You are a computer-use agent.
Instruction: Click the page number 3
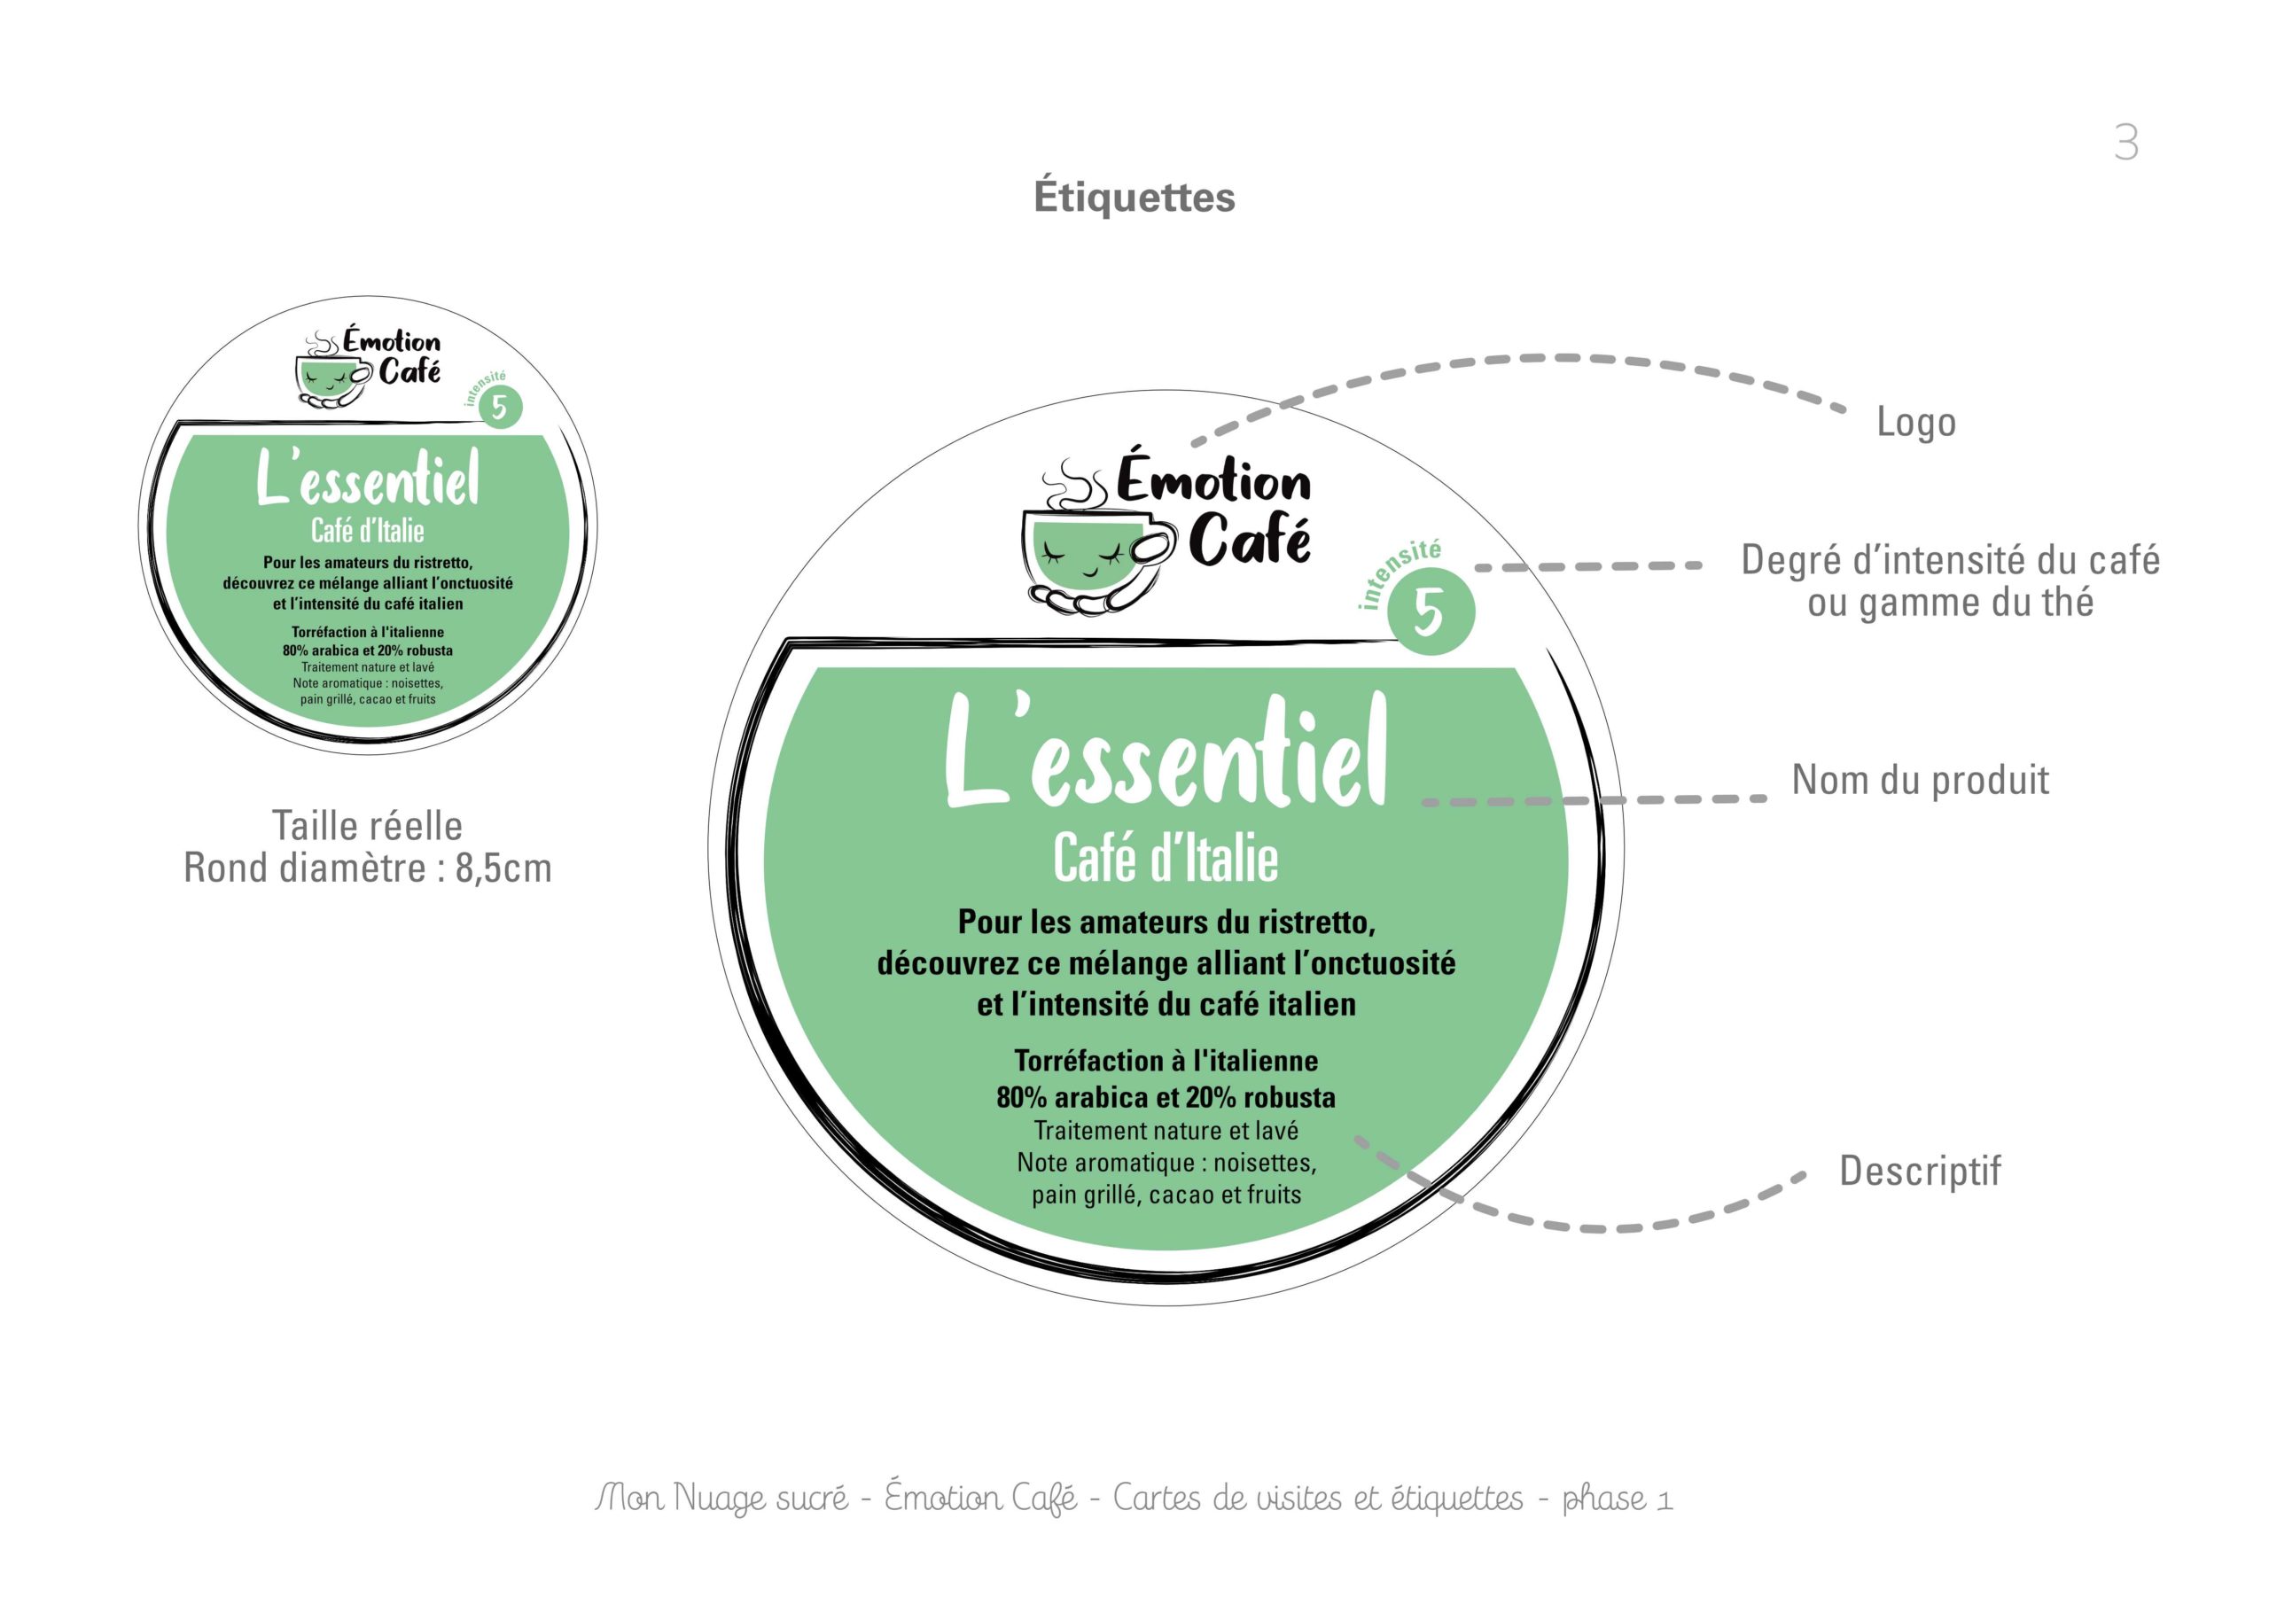pos(2126,144)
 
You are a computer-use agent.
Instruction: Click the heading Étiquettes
pos(1134,197)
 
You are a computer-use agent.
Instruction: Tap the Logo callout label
pos(1916,422)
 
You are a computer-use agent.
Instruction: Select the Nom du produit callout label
pos(1920,780)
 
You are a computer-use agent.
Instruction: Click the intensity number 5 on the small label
pos(500,407)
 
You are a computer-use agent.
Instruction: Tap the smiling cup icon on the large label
pos(1098,539)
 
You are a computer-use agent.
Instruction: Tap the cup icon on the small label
pos(334,370)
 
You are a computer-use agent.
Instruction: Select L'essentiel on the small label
pos(369,479)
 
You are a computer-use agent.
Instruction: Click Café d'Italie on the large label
pos(1166,857)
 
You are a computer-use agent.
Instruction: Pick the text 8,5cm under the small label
pos(503,868)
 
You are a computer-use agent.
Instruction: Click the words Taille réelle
pos(368,825)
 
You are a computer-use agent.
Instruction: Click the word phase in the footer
pos(1604,1499)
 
